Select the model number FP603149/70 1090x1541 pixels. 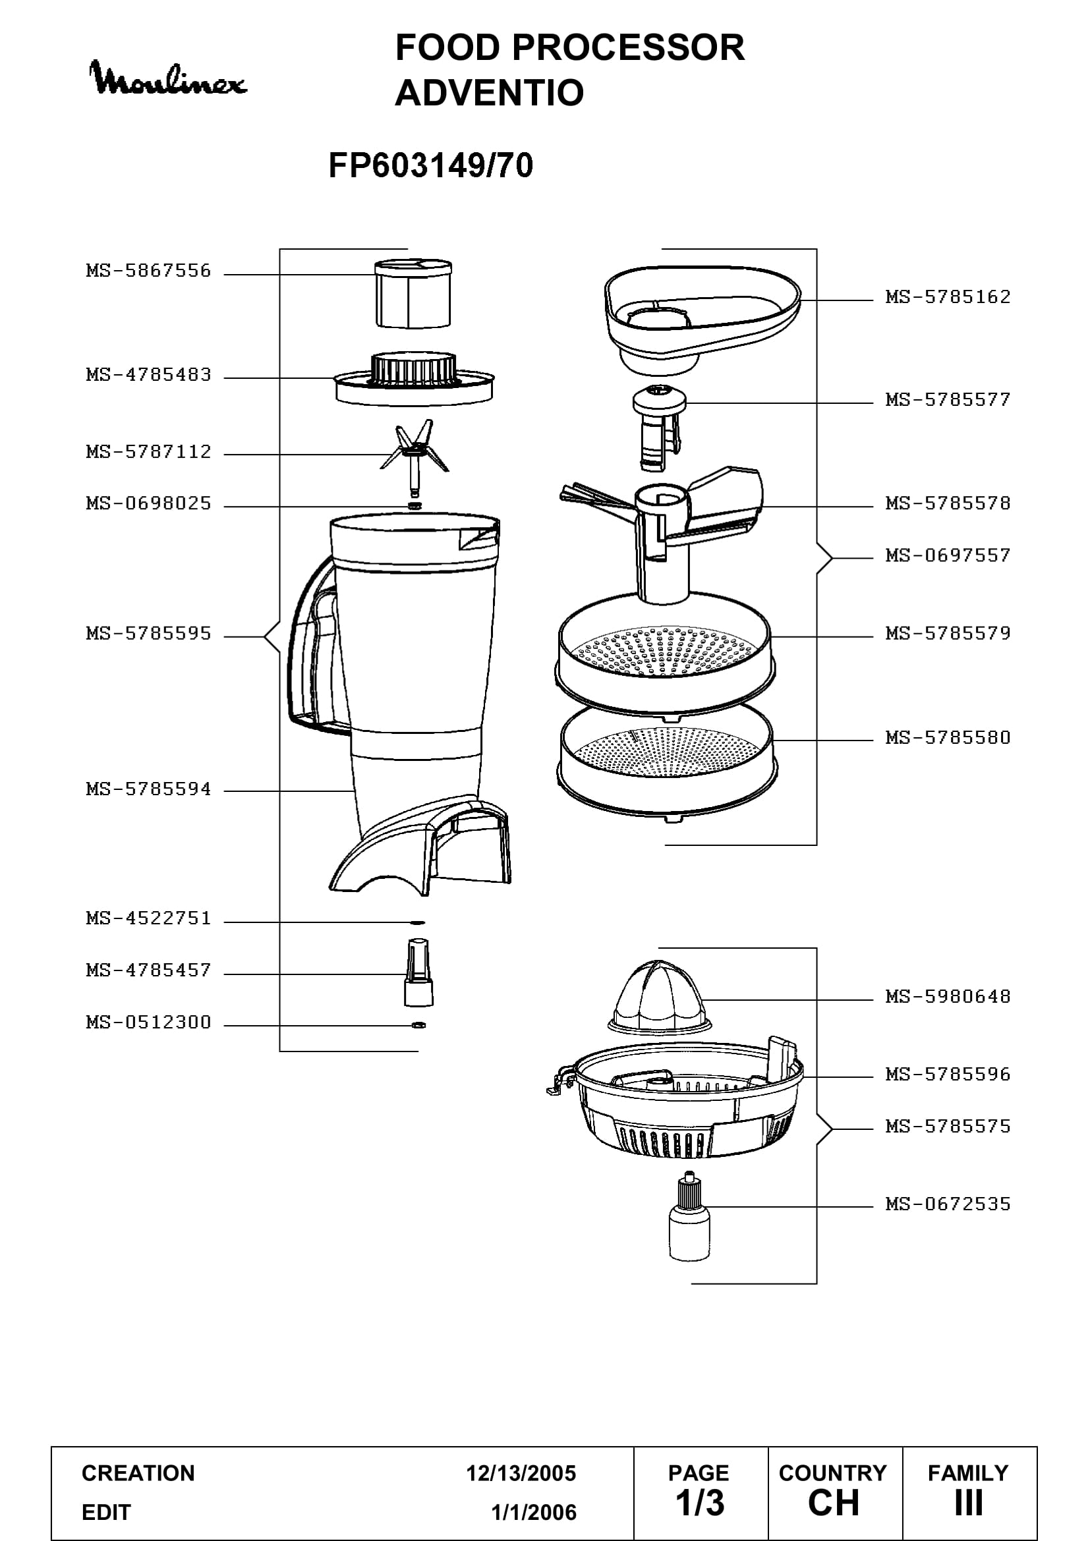coord(431,165)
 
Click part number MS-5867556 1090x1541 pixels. coord(148,271)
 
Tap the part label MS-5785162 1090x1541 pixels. coord(948,297)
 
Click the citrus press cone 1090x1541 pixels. coord(659,997)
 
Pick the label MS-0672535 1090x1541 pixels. coord(948,1204)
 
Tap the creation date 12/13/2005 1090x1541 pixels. coord(521,1473)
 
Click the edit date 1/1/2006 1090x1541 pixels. coord(534,1512)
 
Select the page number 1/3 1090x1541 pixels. coord(700,1503)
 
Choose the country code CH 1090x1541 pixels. coord(834,1503)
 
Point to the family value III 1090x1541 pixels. coord(969,1503)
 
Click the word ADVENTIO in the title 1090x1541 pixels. coord(489,93)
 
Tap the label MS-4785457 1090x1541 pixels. coord(148,970)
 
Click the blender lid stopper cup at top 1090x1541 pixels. coord(413,293)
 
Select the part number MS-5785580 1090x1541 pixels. coord(948,738)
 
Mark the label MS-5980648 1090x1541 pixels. coord(948,997)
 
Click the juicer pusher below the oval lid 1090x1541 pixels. coord(659,428)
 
